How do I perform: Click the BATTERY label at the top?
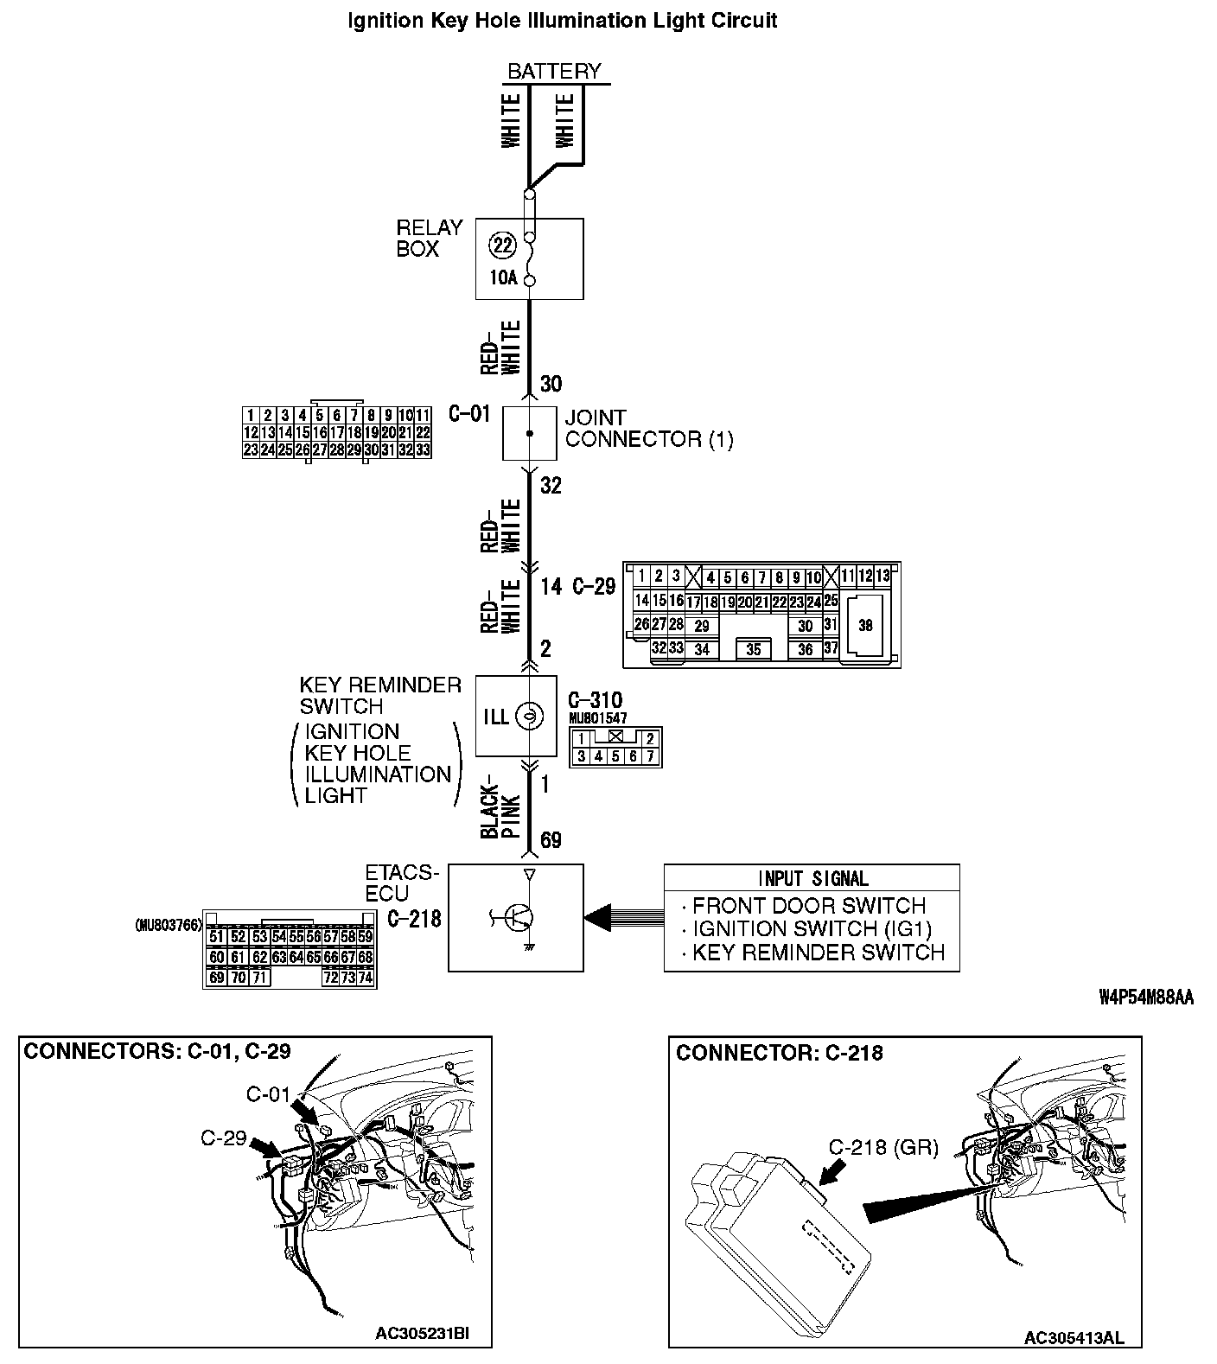pos(554,71)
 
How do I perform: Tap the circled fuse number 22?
pos(502,245)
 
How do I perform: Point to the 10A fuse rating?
pos(502,278)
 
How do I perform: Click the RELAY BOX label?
pos(430,238)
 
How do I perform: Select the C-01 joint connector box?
pos(529,433)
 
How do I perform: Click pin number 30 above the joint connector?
pos(551,384)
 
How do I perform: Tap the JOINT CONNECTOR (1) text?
pos(648,429)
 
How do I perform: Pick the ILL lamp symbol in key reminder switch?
pos(527,716)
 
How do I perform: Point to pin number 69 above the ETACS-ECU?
pos(551,840)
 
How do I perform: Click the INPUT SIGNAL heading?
pos(812,879)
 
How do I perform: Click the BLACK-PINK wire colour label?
pos(500,813)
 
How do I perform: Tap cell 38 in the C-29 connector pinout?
pos(865,626)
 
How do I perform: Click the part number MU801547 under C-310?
pos(598,718)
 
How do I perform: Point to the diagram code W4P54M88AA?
pos(1146,998)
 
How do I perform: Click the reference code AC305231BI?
pos(422,1333)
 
